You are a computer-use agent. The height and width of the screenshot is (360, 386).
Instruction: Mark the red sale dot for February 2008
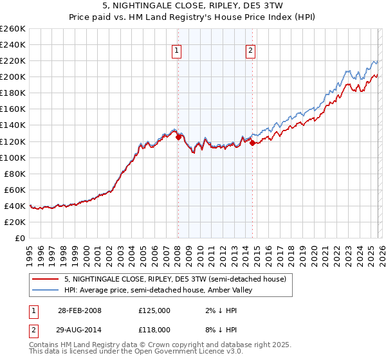[x=178, y=136]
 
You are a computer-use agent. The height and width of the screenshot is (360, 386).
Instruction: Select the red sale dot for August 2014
[x=252, y=143]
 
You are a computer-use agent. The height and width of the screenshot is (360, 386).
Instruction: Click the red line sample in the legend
[x=46, y=278]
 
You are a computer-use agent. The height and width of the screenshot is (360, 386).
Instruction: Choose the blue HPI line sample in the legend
[x=46, y=290]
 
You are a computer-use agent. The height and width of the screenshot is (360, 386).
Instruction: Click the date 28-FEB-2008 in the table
[x=79, y=310]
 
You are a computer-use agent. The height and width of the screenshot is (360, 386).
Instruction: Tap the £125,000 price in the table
[x=154, y=310]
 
